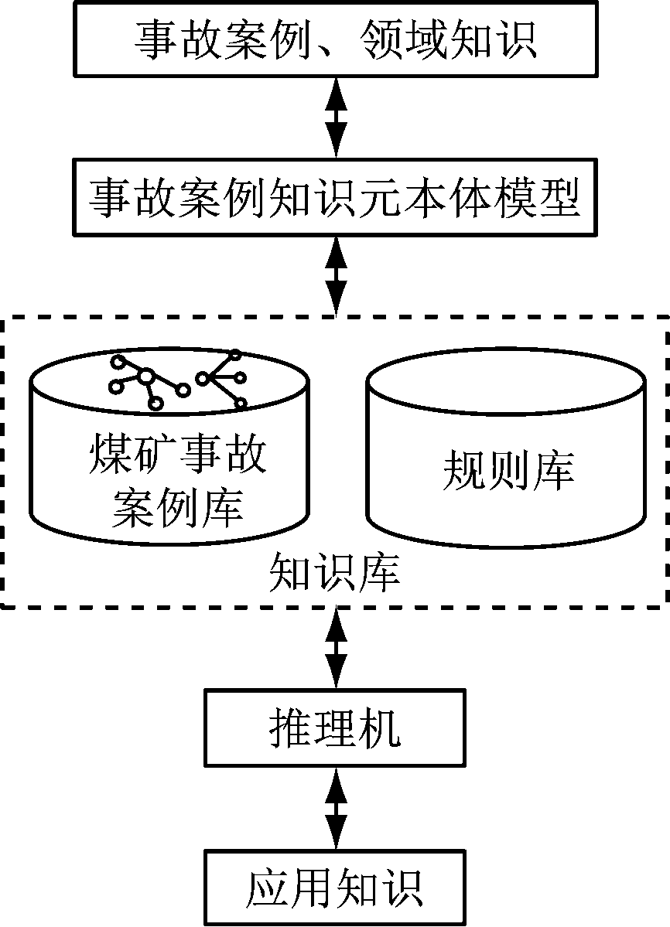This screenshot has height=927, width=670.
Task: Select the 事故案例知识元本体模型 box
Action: click(x=335, y=196)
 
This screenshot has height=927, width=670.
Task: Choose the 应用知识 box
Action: click(x=335, y=888)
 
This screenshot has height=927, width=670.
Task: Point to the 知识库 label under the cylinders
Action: click(x=335, y=573)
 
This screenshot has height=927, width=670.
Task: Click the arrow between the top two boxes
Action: click(x=335, y=118)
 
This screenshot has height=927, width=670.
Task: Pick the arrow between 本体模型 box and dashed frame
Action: click(x=335, y=275)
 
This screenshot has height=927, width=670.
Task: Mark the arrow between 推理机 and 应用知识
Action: click(x=335, y=809)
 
